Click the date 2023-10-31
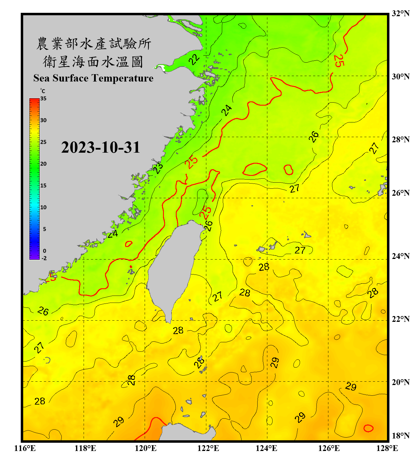point(100,147)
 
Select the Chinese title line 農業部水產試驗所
point(94,44)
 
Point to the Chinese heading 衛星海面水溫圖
point(93,62)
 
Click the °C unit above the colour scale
point(42,91)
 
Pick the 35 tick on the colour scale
point(43,98)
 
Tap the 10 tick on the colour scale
point(43,207)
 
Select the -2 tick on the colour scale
point(44,258)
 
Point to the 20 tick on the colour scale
point(43,164)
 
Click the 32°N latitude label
point(400,13)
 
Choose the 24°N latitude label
point(400,256)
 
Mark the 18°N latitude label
point(400,435)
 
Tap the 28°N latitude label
point(400,139)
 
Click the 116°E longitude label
point(25,448)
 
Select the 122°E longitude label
point(208,448)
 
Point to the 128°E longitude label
point(387,448)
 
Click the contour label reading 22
point(194,59)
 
